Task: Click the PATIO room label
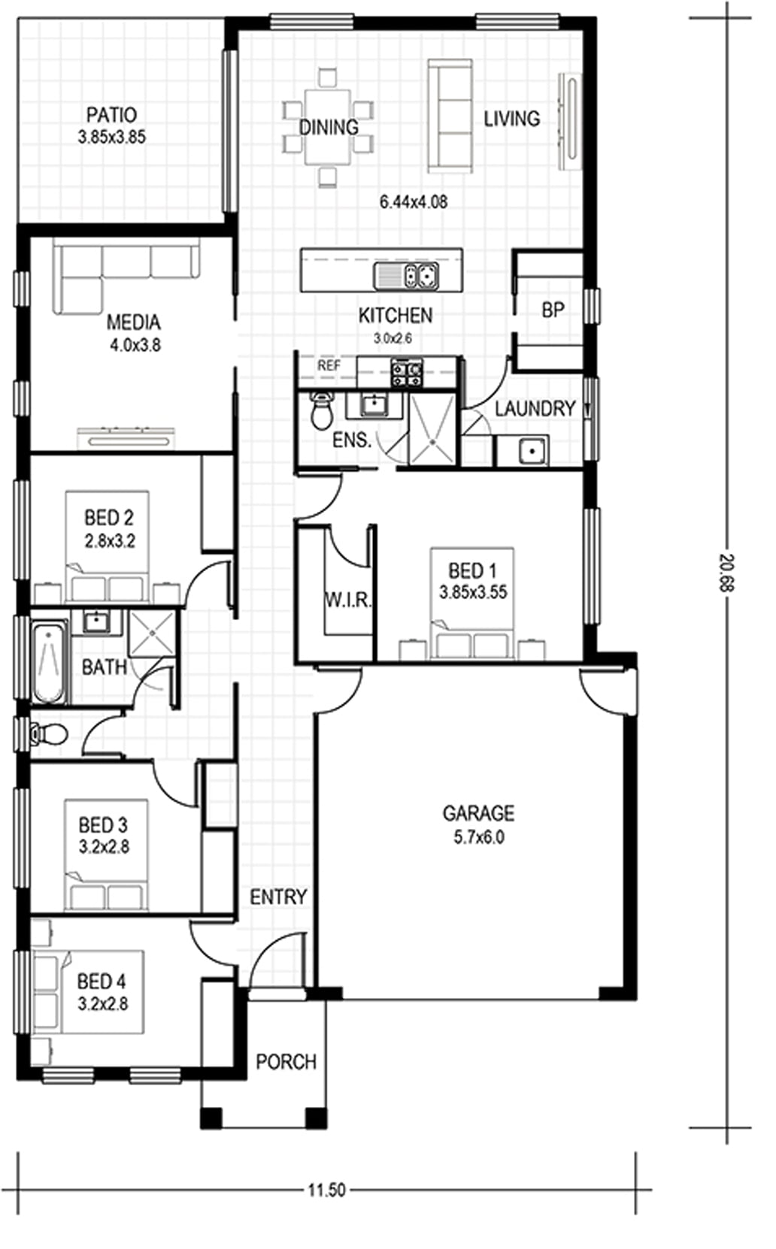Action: pos(111,116)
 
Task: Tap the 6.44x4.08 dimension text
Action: pos(414,202)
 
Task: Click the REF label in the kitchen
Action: pos(329,366)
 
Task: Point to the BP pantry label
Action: pos(553,310)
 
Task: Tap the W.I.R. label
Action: pos(347,600)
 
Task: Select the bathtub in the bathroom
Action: pos(48,664)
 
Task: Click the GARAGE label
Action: pos(478,814)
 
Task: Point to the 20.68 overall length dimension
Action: pos(727,573)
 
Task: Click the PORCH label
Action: pos(286,1062)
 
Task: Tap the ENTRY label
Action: pos(278,897)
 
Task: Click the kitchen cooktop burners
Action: pos(407,372)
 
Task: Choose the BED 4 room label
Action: pos(102,981)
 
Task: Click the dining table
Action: pos(328,127)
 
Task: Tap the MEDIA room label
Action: pos(134,322)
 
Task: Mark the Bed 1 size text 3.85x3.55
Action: pos(473,592)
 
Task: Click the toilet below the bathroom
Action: pos(50,733)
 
